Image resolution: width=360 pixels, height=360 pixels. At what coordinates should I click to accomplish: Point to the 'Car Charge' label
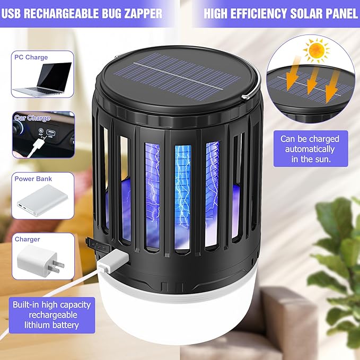(32, 118)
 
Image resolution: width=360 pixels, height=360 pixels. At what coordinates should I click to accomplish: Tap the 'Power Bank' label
(33, 179)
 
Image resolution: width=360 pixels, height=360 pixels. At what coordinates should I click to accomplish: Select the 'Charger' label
(28, 239)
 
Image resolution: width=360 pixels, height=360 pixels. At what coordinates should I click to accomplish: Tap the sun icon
(317, 52)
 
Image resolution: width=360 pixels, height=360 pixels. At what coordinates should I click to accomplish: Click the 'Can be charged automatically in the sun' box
(310, 148)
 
